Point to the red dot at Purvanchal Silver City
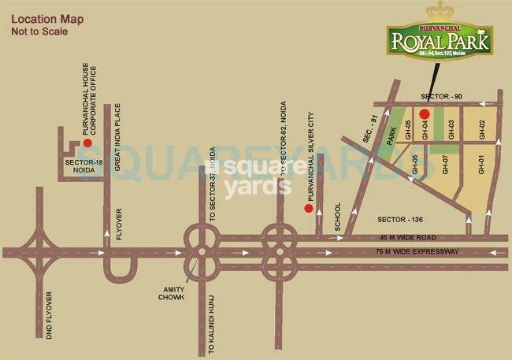coord(309,209)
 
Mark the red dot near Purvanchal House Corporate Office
coord(88,144)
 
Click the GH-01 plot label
coord(481,165)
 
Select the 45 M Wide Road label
coord(417,237)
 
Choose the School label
coord(338,217)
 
